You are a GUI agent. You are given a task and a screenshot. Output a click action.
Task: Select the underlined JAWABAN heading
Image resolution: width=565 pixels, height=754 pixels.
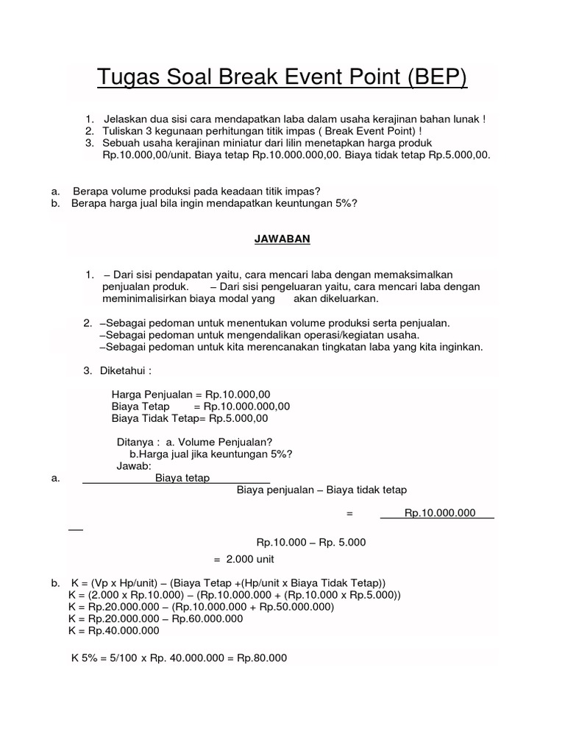click(282, 239)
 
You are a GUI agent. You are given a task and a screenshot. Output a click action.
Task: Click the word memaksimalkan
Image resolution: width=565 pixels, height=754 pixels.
click(409, 275)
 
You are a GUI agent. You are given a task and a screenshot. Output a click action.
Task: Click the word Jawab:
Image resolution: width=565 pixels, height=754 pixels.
click(134, 466)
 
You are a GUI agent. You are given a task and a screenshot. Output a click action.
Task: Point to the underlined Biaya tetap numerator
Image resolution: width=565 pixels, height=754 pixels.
click(182, 478)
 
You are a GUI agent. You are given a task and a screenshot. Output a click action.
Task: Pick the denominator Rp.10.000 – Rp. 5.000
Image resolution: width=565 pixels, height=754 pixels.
click(310, 543)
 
